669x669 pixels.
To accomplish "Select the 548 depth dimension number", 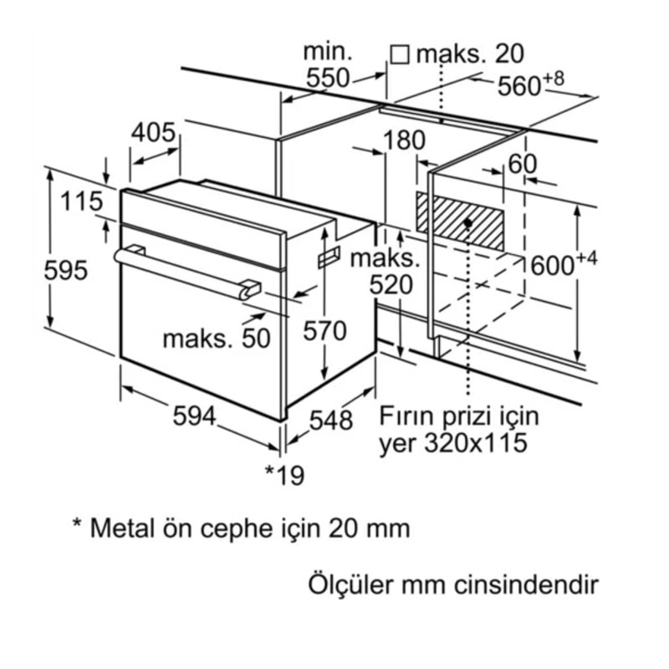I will coord(330,421).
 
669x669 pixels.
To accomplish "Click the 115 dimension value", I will coord(81,202).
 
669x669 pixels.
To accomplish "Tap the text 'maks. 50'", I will coord(217,338).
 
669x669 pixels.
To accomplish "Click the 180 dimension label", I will coord(405,140).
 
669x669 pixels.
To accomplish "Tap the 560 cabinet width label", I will coord(522,86).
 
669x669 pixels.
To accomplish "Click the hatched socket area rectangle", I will coord(461,219).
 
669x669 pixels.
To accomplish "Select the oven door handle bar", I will coord(186,272).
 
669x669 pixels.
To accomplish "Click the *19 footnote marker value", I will coord(284,474).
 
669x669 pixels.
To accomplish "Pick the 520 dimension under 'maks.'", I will coord(391,286).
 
